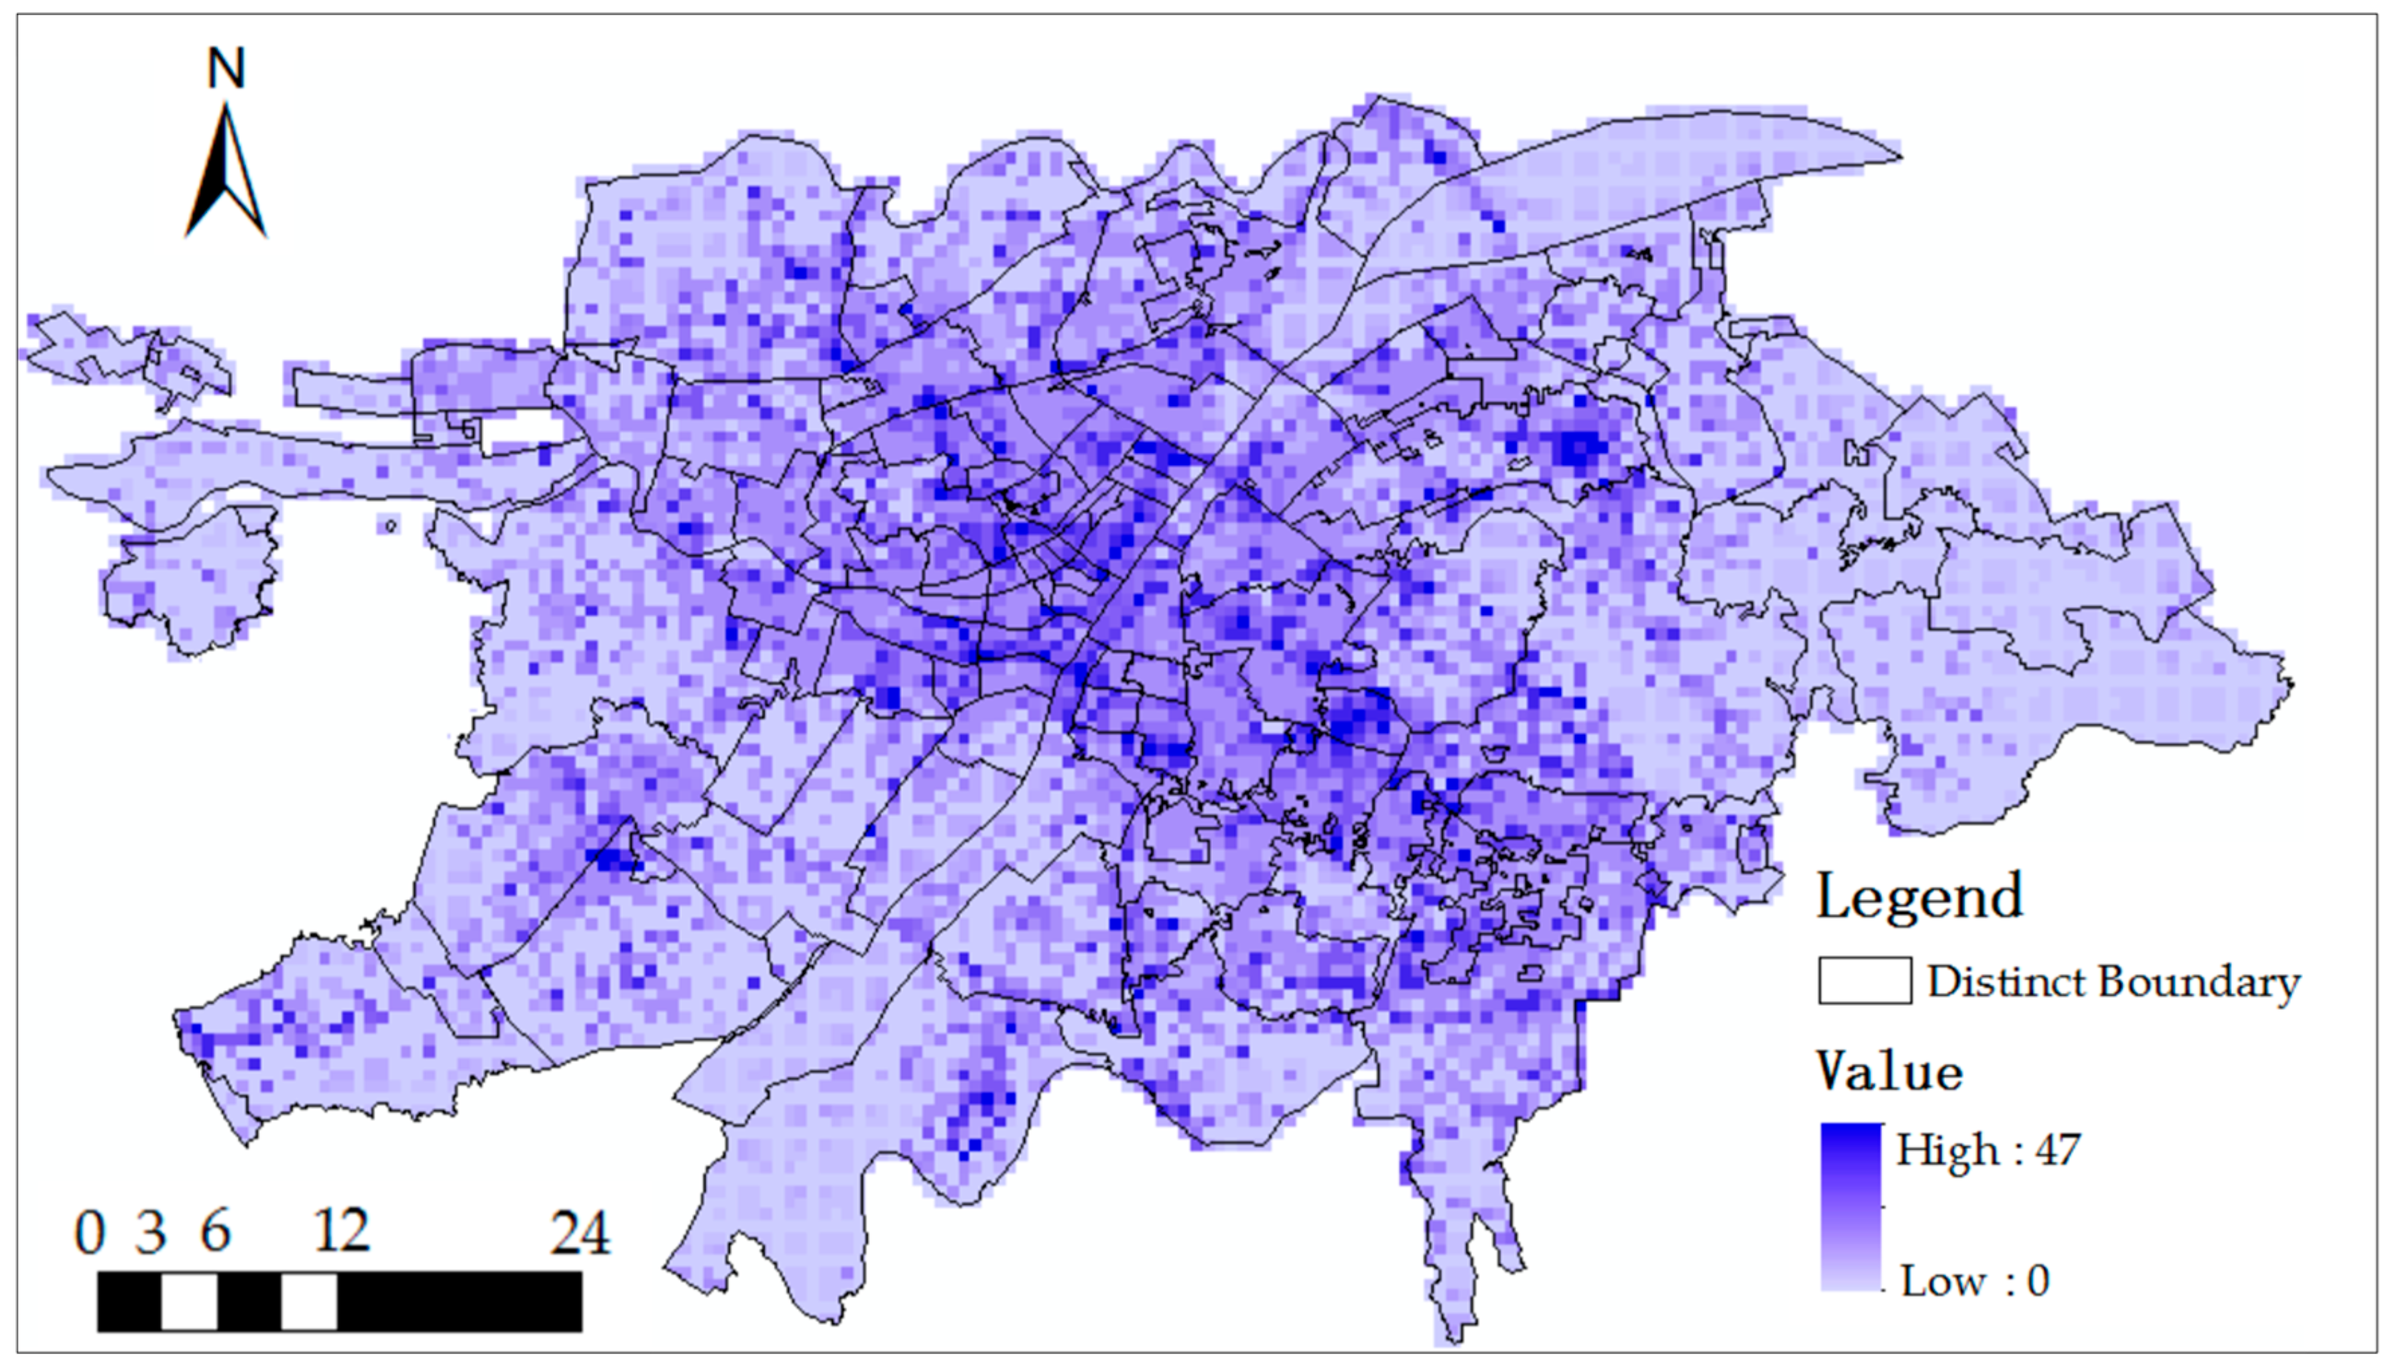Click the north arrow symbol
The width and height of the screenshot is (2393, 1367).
[227, 174]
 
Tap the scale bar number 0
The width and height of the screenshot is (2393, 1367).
[90, 1233]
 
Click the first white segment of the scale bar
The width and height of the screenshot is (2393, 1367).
[189, 1301]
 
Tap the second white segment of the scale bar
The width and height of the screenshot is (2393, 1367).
[309, 1301]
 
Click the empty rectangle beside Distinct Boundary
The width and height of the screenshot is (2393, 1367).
[1864, 981]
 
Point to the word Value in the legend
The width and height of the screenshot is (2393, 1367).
[1889, 1071]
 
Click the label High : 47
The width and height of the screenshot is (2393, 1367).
[1988, 1149]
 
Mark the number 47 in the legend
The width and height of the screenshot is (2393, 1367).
[2058, 1149]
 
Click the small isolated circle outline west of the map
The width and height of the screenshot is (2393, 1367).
[389, 526]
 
